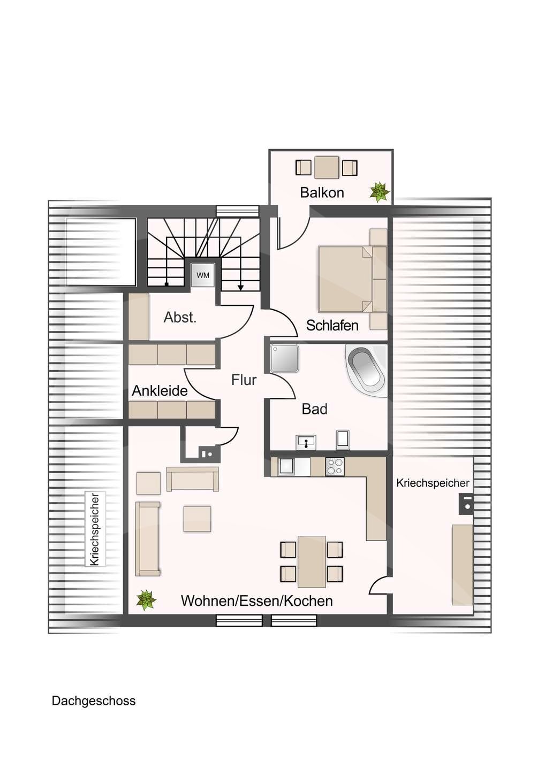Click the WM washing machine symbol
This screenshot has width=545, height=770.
coord(203,275)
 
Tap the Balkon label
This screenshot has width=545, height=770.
coord(322,192)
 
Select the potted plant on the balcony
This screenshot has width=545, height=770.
coord(380,192)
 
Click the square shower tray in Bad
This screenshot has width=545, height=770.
coord(284,358)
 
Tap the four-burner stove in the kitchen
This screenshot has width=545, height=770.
coord(335,466)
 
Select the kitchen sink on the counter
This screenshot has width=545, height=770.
coord(286,466)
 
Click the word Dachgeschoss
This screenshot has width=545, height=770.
coord(94,691)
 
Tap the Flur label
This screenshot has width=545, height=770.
coord(244,380)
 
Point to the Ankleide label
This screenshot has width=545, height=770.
coord(160,390)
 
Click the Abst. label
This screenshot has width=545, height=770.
coord(180,317)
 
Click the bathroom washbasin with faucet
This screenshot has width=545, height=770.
coord(306,442)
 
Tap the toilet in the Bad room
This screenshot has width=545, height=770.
coord(343,440)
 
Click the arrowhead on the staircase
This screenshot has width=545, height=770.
coord(240,287)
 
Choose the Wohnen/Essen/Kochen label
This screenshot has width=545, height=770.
coord(256,601)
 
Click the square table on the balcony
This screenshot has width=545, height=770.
coord(327,167)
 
